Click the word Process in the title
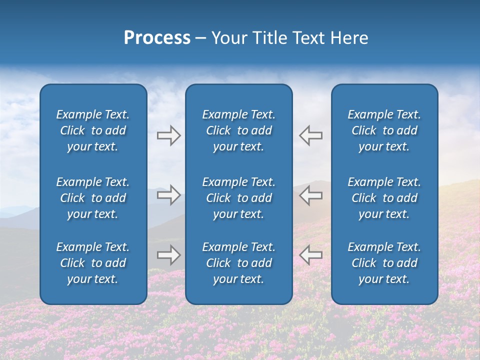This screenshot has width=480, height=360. click(x=157, y=38)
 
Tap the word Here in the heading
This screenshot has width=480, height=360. click(x=348, y=38)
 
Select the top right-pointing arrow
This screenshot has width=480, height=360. click(x=168, y=135)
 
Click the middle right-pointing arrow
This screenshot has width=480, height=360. click(x=168, y=195)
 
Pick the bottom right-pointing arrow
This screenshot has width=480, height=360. click(x=168, y=255)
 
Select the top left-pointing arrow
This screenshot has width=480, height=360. click(x=310, y=135)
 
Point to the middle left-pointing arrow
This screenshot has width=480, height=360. click(x=310, y=195)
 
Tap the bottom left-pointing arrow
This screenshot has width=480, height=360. click(x=310, y=255)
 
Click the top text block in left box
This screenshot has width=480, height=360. click(x=93, y=130)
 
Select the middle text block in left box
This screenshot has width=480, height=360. click(x=93, y=198)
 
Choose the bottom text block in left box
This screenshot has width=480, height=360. click(x=93, y=263)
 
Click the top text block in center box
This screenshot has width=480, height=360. click(x=238, y=130)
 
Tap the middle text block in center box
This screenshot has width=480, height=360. click(x=238, y=198)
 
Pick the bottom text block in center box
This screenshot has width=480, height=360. click(x=238, y=263)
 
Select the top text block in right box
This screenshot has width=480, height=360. click(x=384, y=130)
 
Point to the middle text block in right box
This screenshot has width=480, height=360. click(x=384, y=198)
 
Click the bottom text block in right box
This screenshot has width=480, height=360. click(x=384, y=263)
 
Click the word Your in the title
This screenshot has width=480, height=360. click(x=229, y=38)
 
